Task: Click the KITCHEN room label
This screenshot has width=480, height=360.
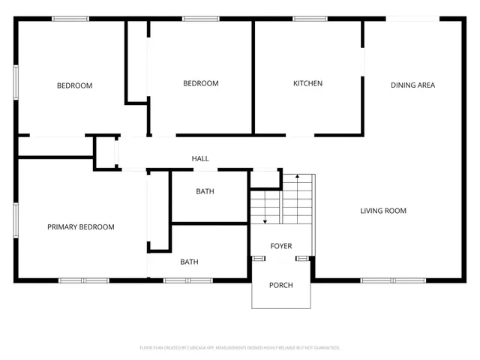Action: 307,83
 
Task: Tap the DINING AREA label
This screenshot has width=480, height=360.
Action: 412,85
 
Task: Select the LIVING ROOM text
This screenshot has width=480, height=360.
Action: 383,211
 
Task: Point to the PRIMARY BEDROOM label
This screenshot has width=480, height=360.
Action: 81,226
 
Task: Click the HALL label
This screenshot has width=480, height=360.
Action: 200,158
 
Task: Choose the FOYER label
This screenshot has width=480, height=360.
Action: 281,246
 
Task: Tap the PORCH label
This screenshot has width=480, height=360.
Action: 281,285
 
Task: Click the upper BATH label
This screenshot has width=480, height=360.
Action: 205,191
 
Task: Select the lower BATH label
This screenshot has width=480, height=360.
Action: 189,262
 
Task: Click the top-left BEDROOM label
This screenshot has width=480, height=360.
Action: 75,85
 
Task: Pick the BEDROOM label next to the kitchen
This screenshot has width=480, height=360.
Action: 201,83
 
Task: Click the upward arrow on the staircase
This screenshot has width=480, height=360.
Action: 298,177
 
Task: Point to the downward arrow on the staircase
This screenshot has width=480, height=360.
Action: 265,220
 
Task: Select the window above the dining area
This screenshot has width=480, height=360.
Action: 411,19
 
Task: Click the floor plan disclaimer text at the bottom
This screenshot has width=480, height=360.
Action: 240,347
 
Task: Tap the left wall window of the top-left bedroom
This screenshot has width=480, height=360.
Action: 16,81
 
